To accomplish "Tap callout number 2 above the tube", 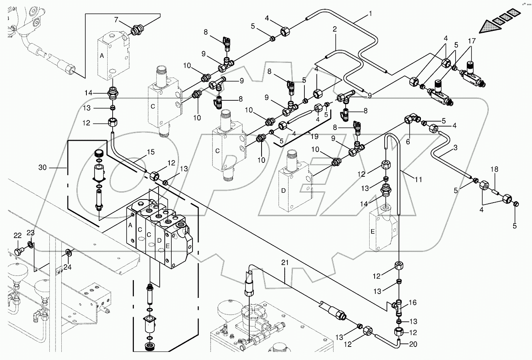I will (334, 29).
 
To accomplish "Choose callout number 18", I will (494, 169).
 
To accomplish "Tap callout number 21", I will (285, 263).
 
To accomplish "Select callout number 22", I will (18, 235).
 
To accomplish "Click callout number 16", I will (412, 303).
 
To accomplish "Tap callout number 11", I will (419, 179).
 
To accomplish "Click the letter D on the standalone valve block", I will (294, 191).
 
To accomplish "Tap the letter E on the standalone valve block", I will (372, 232).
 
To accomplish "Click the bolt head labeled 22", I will (18, 251).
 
